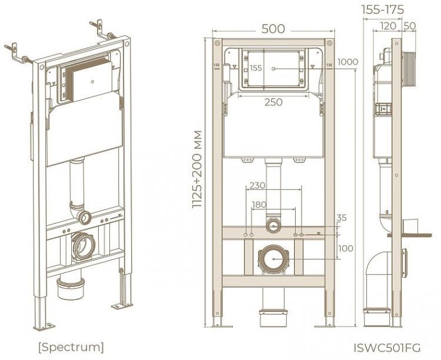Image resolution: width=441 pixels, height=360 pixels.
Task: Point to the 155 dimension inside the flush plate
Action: pos(256,68)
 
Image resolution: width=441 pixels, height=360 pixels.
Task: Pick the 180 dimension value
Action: pos(259,204)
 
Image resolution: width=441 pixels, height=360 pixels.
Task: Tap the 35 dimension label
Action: pos(342,218)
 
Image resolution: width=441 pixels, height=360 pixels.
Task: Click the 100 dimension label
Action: pos(346,248)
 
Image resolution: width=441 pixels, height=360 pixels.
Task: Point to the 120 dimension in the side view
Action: pos(387,26)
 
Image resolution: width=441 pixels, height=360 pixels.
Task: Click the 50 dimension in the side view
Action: pos(410,26)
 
